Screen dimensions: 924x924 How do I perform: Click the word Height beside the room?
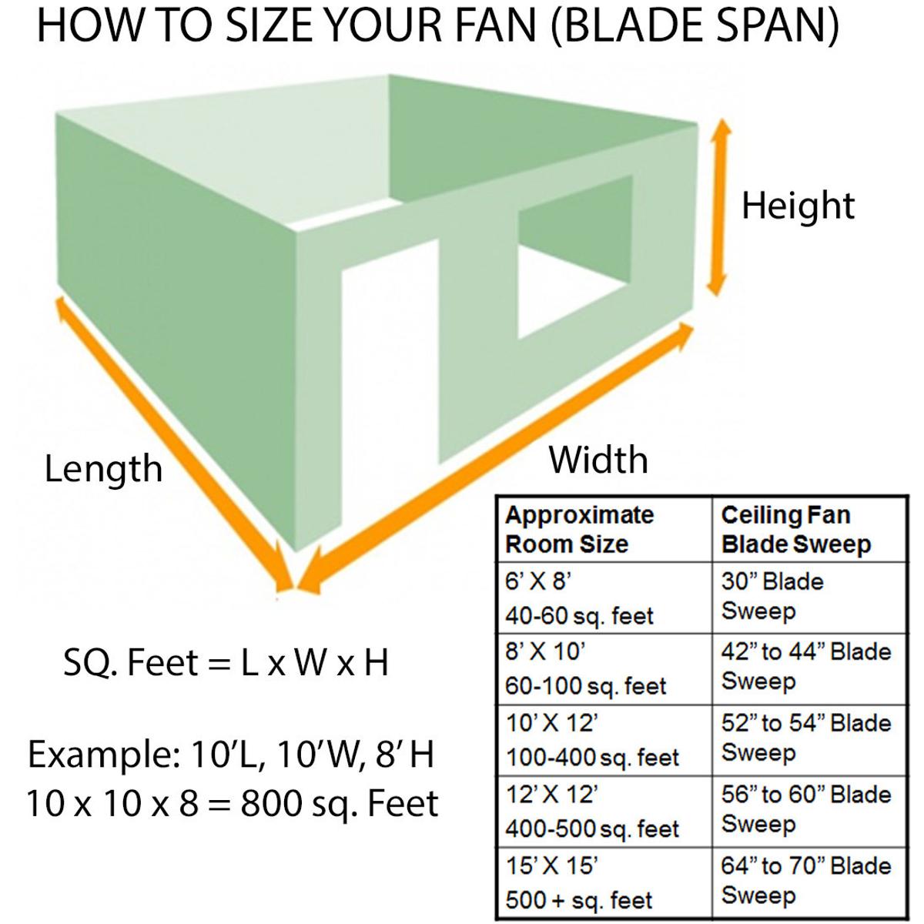tap(798, 206)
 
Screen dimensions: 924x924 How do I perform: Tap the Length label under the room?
tap(103, 468)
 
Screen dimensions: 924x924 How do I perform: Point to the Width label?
tap(598, 460)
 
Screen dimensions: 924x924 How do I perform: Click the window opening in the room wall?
tap(574, 258)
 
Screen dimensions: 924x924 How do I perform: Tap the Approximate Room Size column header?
tap(579, 530)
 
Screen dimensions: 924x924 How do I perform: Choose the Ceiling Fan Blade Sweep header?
tap(796, 530)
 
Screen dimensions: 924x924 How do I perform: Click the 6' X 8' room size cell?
tap(579, 598)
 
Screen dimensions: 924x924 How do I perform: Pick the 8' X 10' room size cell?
tap(585, 669)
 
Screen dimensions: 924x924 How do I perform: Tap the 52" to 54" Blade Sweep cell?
tap(805, 738)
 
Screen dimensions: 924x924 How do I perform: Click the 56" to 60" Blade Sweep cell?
tap(805, 809)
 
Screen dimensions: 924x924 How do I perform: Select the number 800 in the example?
tap(270, 804)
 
